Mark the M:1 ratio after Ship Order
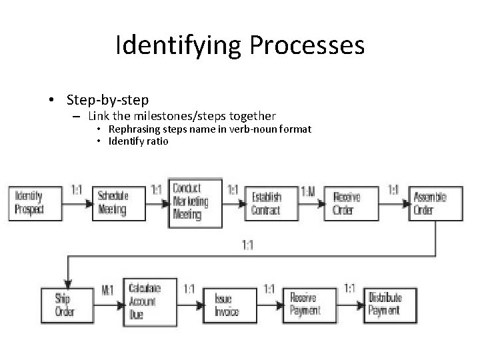[x=107, y=291]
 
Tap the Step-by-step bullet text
[x=107, y=101]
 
